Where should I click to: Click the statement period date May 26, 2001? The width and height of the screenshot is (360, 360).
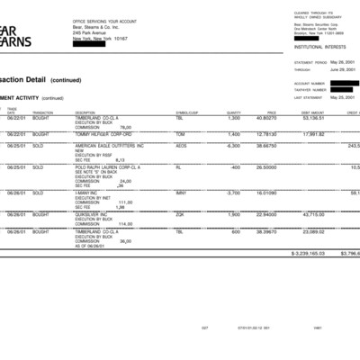[x=343, y=63]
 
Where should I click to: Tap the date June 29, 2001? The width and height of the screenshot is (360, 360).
[x=343, y=69]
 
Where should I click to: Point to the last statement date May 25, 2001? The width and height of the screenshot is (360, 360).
[x=343, y=97]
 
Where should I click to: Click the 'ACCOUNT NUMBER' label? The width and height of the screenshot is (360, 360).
[x=308, y=84]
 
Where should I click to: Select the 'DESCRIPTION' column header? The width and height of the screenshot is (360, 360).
[x=85, y=112]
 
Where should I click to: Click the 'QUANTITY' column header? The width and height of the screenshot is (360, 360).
[x=234, y=112]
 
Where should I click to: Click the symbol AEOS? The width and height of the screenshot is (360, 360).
[x=181, y=146]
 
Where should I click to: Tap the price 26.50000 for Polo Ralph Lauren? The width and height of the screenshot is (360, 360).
[x=266, y=167]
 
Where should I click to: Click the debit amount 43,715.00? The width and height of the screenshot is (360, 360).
[x=313, y=214]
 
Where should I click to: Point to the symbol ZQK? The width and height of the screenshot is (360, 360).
[x=179, y=214]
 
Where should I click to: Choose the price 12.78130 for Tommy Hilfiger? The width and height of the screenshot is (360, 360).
[x=265, y=133]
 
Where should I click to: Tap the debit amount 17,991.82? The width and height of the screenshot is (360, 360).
[x=313, y=133]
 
